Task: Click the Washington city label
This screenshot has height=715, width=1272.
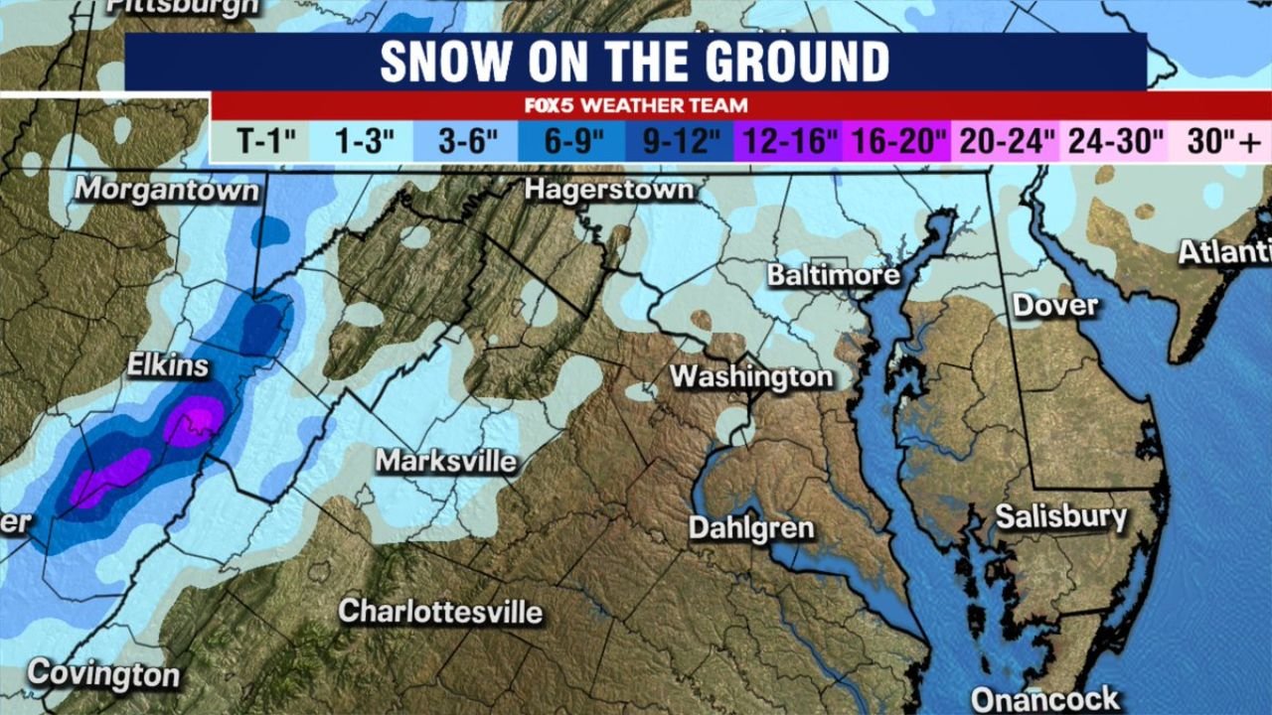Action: (x=750, y=377)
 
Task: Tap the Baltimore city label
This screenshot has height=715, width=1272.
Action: (x=833, y=275)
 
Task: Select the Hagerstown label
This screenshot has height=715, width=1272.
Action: (x=608, y=189)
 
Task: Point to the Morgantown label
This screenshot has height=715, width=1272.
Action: (x=167, y=189)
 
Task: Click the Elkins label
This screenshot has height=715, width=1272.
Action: (x=168, y=365)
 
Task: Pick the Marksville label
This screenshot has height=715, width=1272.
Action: (x=446, y=462)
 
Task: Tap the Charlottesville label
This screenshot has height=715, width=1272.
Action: (x=440, y=611)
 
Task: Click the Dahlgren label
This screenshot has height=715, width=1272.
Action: (x=751, y=528)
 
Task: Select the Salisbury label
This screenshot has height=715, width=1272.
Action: (x=1061, y=517)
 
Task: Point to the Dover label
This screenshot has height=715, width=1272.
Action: (x=1055, y=305)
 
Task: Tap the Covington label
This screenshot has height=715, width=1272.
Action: (x=103, y=675)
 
